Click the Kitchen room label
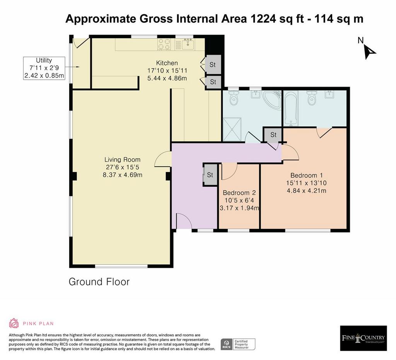[167, 63]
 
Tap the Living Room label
[123, 160]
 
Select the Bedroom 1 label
[307, 175]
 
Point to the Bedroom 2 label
[239, 193]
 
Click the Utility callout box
[44, 68]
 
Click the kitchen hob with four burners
[164, 44]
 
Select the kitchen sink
[188, 44]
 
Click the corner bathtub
[272, 100]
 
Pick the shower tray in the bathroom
[232, 129]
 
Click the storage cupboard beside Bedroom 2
[210, 175]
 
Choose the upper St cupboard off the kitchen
[213, 65]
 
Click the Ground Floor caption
[99, 282]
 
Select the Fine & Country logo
[364, 338]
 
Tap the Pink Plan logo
[31, 323]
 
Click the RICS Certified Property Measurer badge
[238, 344]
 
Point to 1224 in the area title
[263, 19]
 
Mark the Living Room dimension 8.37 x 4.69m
[123, 175]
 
